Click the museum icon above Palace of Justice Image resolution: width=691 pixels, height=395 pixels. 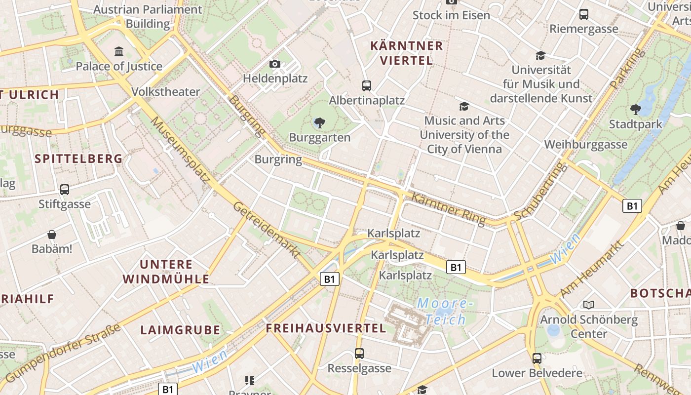(x=119, y=52)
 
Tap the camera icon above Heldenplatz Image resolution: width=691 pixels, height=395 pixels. (x=275, y=64)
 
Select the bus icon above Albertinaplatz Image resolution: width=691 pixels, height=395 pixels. (x=366, y=86)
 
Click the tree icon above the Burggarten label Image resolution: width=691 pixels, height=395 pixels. (x=319, y=123)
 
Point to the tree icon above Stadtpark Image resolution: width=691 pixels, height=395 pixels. (x=635, y=110)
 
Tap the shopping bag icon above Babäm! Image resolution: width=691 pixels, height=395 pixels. (x=52, y=234)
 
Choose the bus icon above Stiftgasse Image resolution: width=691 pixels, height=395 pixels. (x=65, y=190)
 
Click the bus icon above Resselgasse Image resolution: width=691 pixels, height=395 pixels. (x=359, y=354)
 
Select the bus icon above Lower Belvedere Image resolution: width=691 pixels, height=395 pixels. (x=537, y=358)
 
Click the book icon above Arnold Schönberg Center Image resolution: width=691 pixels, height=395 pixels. (x=588, y=305)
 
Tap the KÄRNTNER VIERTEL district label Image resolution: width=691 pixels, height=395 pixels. (x=406, y=53)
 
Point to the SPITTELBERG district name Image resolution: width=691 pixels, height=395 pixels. (x=79, y=158)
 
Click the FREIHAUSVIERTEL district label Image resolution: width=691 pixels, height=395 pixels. (x=326, y=328)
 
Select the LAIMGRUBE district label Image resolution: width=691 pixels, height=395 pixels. (x=180, y=330)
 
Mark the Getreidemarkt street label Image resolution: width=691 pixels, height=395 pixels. (x=267, y=230)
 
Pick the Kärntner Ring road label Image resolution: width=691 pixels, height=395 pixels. (x=448, y=208)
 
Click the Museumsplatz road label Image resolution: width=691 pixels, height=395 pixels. (x=180, y=147)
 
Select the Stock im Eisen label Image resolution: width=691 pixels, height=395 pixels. (x=451, y=15)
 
